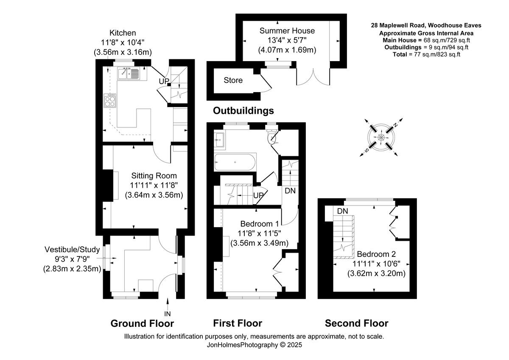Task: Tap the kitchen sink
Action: pos(129,74)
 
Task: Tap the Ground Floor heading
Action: pos(142,323)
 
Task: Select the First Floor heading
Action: pos(238,323)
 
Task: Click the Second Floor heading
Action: pos(356,323)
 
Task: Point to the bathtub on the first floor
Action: pos(235,162)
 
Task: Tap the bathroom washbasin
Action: pos(220,139)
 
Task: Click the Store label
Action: pos(233,80)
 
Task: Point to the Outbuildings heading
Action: pos(243,111)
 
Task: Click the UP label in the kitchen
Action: pos(164,81)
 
